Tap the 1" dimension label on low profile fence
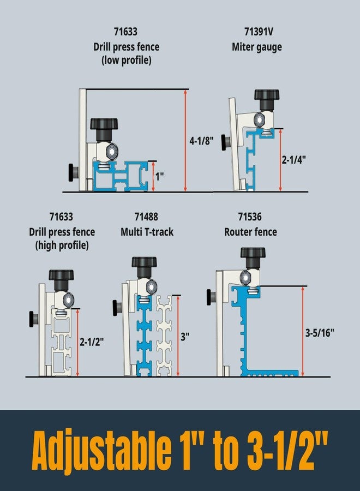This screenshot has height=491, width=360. click(x=159, y=176)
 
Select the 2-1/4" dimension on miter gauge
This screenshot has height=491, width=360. click(x=294, y=160)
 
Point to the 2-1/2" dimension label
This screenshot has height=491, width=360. click(x=92, y=342)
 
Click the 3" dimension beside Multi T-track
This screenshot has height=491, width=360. click(x=185, y=337)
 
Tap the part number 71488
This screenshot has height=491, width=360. click(x=147, y=217)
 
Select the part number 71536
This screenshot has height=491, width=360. click(x=250, y=217)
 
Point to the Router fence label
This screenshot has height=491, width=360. click(x=250, y=232)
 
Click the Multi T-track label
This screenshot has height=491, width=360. click(x=147, y=232)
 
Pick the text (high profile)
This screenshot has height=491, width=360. click(x=62, y=245)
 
